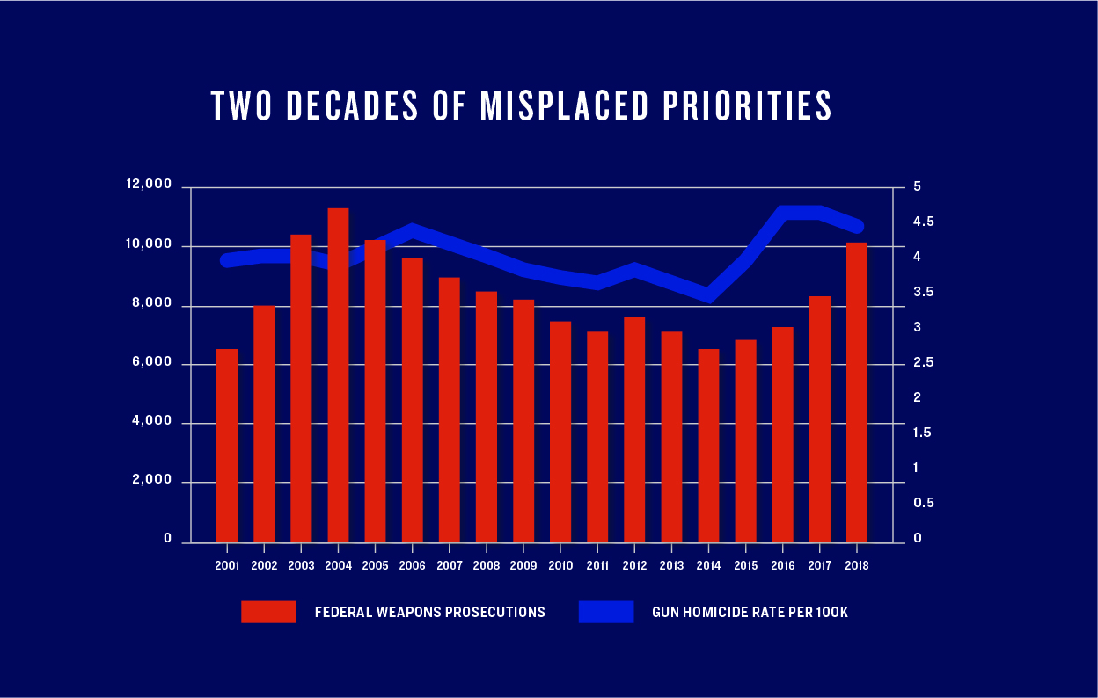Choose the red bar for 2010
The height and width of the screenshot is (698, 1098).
[x=560, y=432]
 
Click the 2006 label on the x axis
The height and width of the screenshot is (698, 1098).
[x=413, y=566]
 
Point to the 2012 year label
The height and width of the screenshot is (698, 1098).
[x=634, y=566]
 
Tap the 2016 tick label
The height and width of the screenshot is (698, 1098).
[x=783, y=566]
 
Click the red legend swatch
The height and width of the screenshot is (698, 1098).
[x=268, y=612]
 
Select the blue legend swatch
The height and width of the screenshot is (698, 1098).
[x=605, y=612]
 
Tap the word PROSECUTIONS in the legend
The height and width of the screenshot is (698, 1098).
[x=498, y=612]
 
